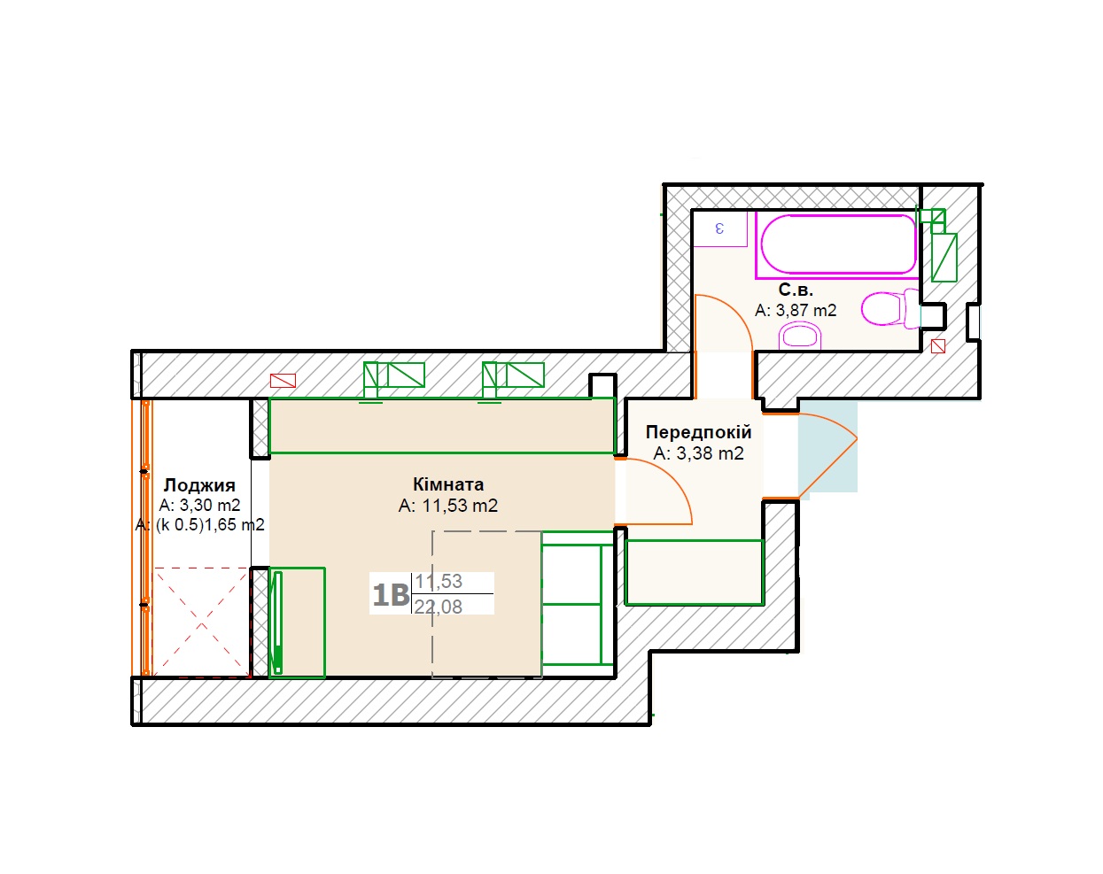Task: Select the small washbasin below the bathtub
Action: pyautogui.click(x=800, y=336)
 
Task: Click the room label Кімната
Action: pyautogui.click(x=448, y=484)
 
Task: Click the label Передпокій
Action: pyautogui.click(x=699, y=432)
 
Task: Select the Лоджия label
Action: pyautogui.click(x=199, y=485)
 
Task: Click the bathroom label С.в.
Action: pyautogui.click(x=796, y=290)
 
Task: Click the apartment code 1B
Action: pyautogui.click(x=391, y=595)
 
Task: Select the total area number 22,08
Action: pyautogui.click(x=439, y=607)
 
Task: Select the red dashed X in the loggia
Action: pyautogui.click(x=201, y=622)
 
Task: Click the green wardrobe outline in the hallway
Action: pyautogui.click(x=695, y=573)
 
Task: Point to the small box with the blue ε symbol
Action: pyautogui.click(x=719, y=228)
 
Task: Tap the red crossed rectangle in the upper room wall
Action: pyautogui.click(x=283, y=381)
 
